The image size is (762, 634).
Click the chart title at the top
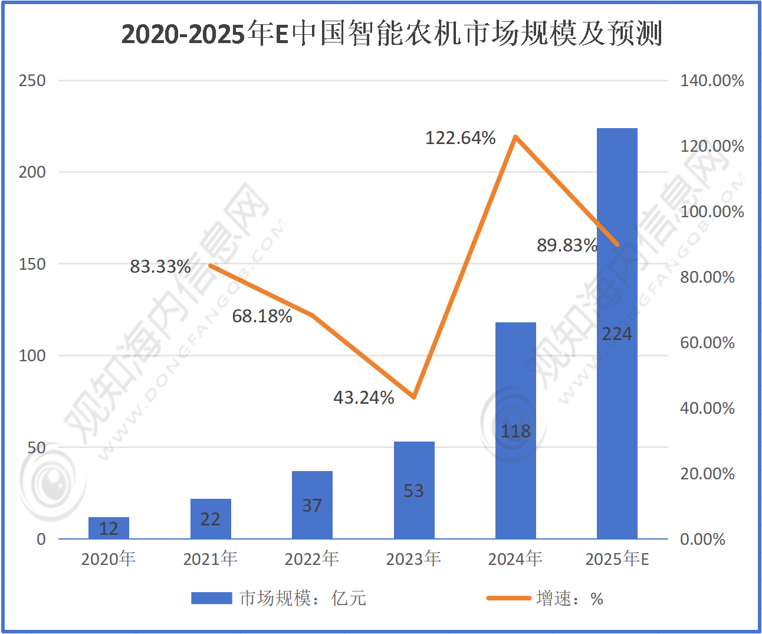[392, 34]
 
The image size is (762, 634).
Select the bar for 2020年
[109, 528]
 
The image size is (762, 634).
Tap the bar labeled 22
[211, 519]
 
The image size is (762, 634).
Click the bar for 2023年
[414, 490]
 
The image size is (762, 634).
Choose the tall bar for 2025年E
[617, 333]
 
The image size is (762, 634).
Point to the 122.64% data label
[460, 138]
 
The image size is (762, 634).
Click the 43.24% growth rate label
[363, 397]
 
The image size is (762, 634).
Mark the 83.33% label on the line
[160, 267]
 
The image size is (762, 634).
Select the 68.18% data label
[262, 316]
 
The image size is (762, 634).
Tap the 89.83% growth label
[567, 245]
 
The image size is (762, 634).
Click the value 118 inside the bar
[515, 432]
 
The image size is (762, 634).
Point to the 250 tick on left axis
[32, 81]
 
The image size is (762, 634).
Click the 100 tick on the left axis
[32, 356]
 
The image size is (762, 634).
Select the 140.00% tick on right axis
[712, 81]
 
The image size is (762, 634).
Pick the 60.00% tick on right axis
[707, 343]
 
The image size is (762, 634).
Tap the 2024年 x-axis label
[515, 558]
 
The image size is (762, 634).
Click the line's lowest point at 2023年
[414, 397]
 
